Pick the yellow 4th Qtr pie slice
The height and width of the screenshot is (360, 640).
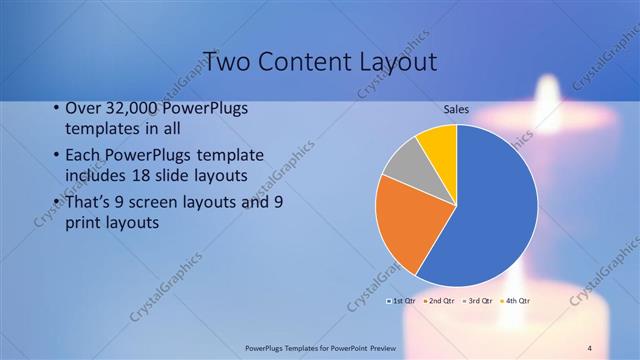pos(439,143)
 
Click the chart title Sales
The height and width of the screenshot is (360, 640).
pos(457,110)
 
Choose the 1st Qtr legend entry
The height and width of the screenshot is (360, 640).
pos(401,300)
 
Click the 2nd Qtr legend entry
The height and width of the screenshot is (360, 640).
pos(440,300)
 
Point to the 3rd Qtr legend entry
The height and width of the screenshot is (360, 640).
pos(478,300)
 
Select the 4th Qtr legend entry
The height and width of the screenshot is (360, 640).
pos(516,300)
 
